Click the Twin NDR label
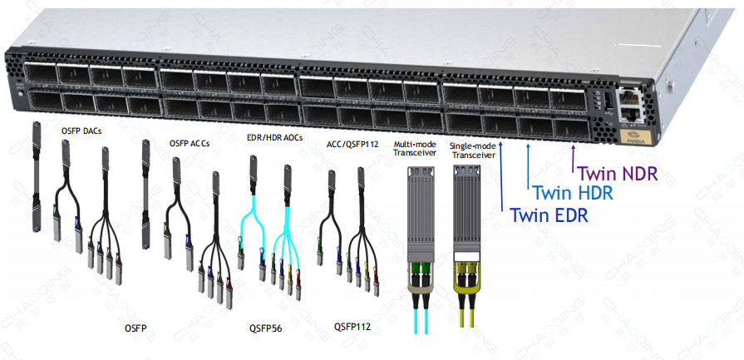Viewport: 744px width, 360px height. pos(618,175)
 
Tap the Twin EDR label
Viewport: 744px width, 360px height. pos(549,216)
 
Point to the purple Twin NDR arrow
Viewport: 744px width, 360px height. pos(574,154)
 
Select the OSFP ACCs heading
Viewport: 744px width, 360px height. pos(189,144)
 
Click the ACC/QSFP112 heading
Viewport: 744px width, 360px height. pos(353,144)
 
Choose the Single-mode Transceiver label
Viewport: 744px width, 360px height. pos(471,150)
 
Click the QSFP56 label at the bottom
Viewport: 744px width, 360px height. pos(265,328)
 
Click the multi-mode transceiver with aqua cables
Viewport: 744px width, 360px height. pos(421,241)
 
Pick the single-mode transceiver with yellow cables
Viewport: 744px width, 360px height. pos(468,241)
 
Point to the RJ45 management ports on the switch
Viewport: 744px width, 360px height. pos(631,101)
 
